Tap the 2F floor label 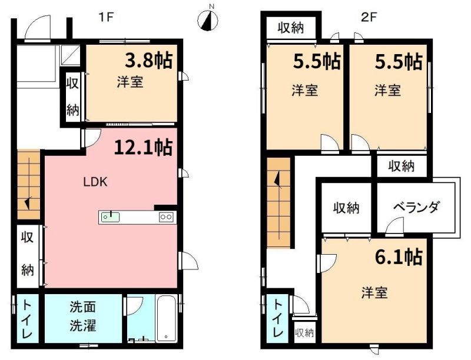pos(369,17)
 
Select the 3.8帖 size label pos(148,61)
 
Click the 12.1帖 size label pos(143,147)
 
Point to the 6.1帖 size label pos(398,256)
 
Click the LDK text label pos(95,182)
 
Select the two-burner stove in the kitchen pos(165,217)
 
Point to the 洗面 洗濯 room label pos(83,316)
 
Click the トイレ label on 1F pos(27,318)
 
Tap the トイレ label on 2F pos(278,318)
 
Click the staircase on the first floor pos(28,183)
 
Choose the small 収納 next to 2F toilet pos(304,333)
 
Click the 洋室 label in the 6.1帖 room pos(374,292)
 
